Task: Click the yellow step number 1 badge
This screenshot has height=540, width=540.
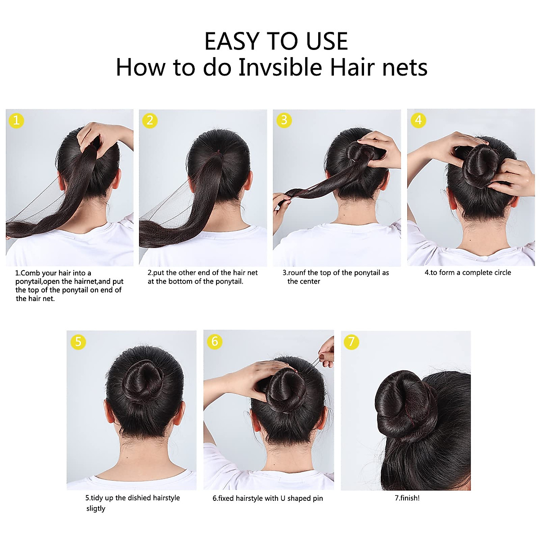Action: [x=17, y=121]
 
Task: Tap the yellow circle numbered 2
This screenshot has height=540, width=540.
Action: [x=150, y=121]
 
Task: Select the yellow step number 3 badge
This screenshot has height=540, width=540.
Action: [x=283, y=120]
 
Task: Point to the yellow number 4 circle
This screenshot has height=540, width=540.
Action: [x=418, y=120]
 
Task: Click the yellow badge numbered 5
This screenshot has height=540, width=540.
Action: [x=78, y=342]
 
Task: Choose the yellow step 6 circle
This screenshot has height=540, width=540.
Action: [x=215, y=342]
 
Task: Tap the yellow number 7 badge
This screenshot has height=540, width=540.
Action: [x=351, y=342]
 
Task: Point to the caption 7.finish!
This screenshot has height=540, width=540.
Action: [x=407, y=498]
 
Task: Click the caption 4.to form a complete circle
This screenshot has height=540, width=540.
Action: [x=468, y=272]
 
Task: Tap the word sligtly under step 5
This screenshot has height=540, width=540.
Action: [x=95, y=508]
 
